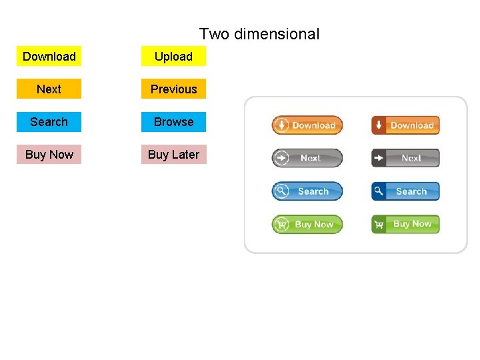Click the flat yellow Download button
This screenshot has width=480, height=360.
tap(49, 57)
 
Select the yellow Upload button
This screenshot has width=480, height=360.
tap(173, 57)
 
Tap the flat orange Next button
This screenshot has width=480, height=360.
tap(49, 89)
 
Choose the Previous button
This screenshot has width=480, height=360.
tap(173, 89)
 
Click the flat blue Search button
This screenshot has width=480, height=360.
tap(49, 122)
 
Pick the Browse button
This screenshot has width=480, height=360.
tap(173, 122)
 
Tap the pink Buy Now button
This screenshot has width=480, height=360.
tap(49, 155)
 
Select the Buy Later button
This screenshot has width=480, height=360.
tap(173, 155)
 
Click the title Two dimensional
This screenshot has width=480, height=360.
tap(259, 34)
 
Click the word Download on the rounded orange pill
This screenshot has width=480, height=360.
tap(313, 125)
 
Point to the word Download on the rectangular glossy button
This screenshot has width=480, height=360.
tap(412, 125)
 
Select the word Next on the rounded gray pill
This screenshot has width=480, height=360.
tap(311, 158)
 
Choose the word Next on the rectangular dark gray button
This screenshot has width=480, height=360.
tap(411, 158)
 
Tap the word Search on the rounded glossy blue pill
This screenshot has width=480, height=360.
tap(313, 191)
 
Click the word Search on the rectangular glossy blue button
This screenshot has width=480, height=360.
tap(411, 191)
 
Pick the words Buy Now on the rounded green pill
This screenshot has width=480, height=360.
tap(314, 225)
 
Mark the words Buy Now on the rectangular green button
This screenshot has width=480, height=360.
tap(413, 224)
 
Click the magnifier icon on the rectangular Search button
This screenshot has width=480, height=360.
tap(379, 191)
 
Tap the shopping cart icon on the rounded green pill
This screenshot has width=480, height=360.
tap(281, 225)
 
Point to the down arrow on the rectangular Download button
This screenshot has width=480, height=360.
tap(379, 125)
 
